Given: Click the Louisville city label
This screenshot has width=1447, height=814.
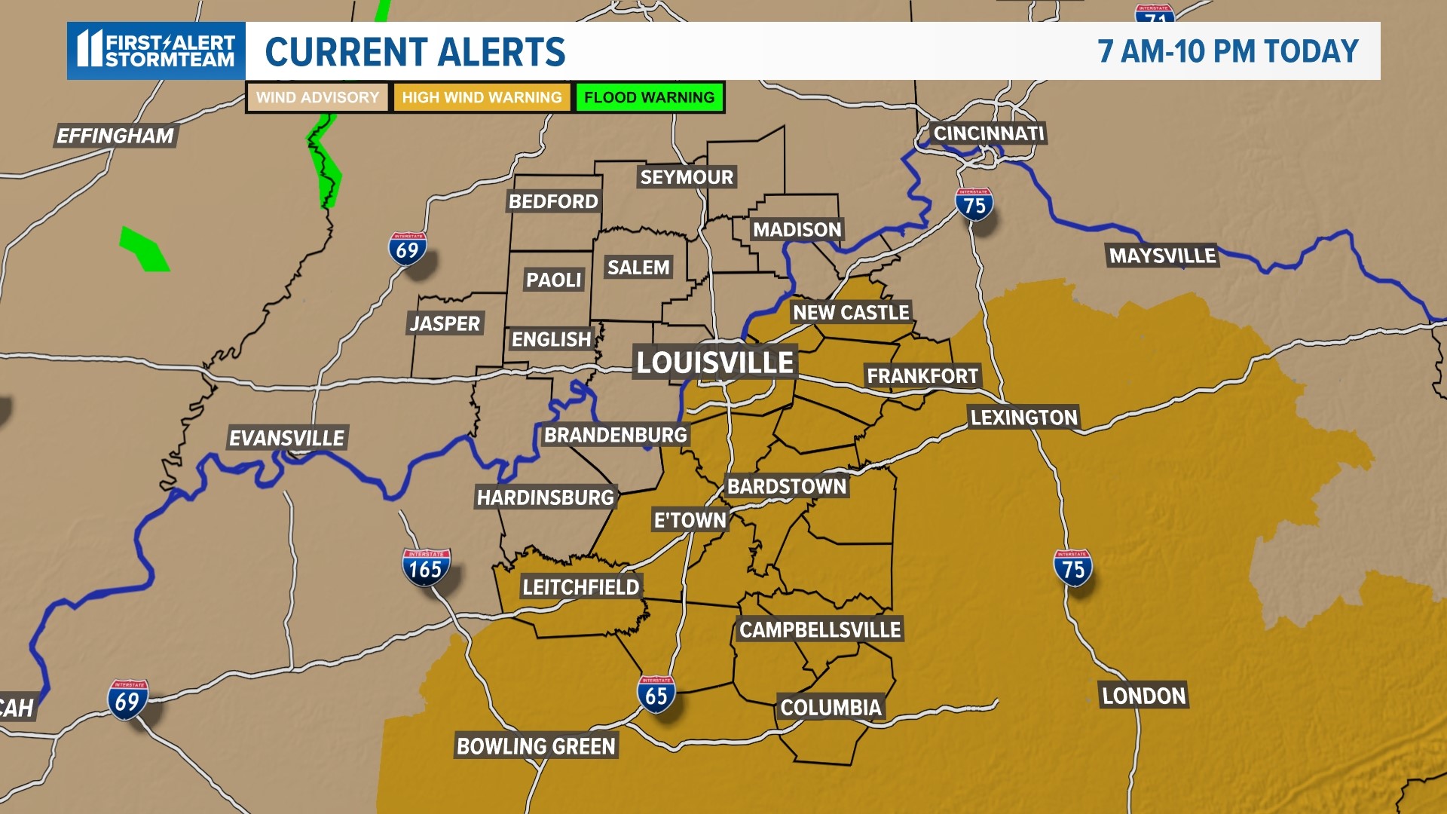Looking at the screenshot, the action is click(714, 363).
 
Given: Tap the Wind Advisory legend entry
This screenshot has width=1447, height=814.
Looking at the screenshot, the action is click(317, 97).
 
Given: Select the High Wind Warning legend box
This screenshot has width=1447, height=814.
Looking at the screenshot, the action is click(482, 97).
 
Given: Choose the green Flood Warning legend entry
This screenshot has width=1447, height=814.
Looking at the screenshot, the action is click(649, 97).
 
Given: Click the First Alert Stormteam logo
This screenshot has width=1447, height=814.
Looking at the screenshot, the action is click(157, 50).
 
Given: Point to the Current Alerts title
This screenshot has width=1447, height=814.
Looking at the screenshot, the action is click(415, 51).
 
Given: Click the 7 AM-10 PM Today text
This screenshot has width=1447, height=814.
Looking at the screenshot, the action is click(1228, 51).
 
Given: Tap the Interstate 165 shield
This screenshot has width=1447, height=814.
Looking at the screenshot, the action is click(426, 568).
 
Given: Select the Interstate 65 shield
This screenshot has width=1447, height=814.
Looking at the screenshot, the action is click(656, 694).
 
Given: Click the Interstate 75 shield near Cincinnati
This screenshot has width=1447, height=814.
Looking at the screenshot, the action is click(974, 203).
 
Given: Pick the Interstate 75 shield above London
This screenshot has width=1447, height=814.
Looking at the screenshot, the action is click(1072, 568).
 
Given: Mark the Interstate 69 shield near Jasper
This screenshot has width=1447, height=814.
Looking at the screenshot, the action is click(407, 249).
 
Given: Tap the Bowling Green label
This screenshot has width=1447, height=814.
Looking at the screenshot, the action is click(537, 746).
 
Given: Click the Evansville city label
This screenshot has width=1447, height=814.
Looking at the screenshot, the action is click(286, 438).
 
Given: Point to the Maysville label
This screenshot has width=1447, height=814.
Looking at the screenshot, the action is click(1162, 256).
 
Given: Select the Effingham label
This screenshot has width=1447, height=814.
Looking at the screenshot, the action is click(115, 136).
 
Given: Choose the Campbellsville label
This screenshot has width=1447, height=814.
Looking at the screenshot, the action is click(820, 629).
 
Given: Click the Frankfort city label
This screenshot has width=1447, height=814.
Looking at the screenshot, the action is click(922, 375).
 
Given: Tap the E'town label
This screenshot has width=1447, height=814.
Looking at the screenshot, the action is click(690, 520).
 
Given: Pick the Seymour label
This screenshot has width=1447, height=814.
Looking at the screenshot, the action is click(687, 177).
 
